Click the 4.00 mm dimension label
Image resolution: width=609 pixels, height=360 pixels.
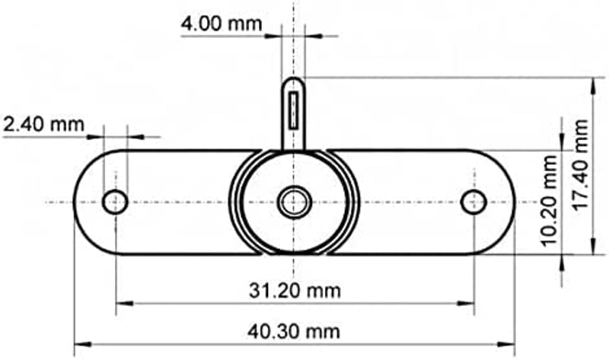[x=222, y=24]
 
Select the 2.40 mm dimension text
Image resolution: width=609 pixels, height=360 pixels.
[x=43, y=124]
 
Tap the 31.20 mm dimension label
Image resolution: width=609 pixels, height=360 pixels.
[x=295, y=291]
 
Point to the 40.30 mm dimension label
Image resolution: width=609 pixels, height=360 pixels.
[x=294, y=332]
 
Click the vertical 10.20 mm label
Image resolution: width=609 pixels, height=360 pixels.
[x=549, y=201]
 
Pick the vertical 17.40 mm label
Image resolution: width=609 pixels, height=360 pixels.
[x=581, y=165]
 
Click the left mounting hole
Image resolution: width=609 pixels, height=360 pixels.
[x=115, y=202]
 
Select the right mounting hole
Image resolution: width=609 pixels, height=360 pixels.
[x=473, y=202]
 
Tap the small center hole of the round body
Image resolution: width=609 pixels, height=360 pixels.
[x=295, y=202]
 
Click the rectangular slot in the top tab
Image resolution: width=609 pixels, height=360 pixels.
[x=294, y=110]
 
